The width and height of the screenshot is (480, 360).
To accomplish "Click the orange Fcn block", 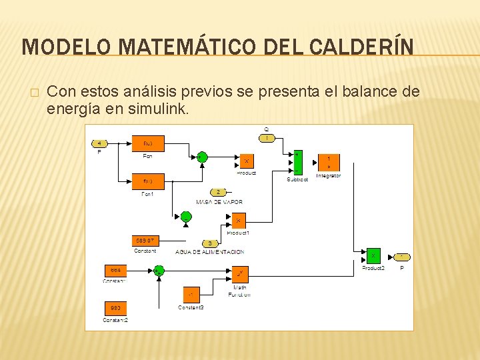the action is [x=148, y=143].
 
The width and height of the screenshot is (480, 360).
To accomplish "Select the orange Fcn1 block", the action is [x=148, y=181].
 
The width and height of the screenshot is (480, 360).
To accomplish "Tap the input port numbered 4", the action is [x=99, y=143].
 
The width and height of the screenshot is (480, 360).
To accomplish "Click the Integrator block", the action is [x=329, y=162].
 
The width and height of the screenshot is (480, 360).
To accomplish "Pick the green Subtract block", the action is [x=297, y=163].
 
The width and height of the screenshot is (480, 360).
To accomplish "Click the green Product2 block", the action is [x=373, y=256].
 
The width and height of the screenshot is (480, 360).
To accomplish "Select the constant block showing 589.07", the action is [x=145, y=240].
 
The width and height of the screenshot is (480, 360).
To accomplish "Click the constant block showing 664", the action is [x=116, y=270].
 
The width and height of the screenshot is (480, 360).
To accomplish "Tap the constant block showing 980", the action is [x=116, y=308].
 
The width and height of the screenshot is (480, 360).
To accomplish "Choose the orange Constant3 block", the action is [x=191, y=294].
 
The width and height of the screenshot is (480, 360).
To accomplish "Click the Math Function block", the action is [x=239, y=273].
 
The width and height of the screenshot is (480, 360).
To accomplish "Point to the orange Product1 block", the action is [x=238, y=220].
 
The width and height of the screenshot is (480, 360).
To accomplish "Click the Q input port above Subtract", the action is [x=266, y=138].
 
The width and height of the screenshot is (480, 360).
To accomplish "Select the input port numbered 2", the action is [x=219, y=192].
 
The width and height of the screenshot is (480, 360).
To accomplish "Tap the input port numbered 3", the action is [x=210, y=243].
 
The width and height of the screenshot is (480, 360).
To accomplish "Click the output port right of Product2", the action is [x=402, y=257].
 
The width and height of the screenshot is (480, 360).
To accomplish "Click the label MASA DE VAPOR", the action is [x=219, y=201].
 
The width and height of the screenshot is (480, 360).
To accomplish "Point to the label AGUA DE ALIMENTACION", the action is [x=209, y=252].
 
